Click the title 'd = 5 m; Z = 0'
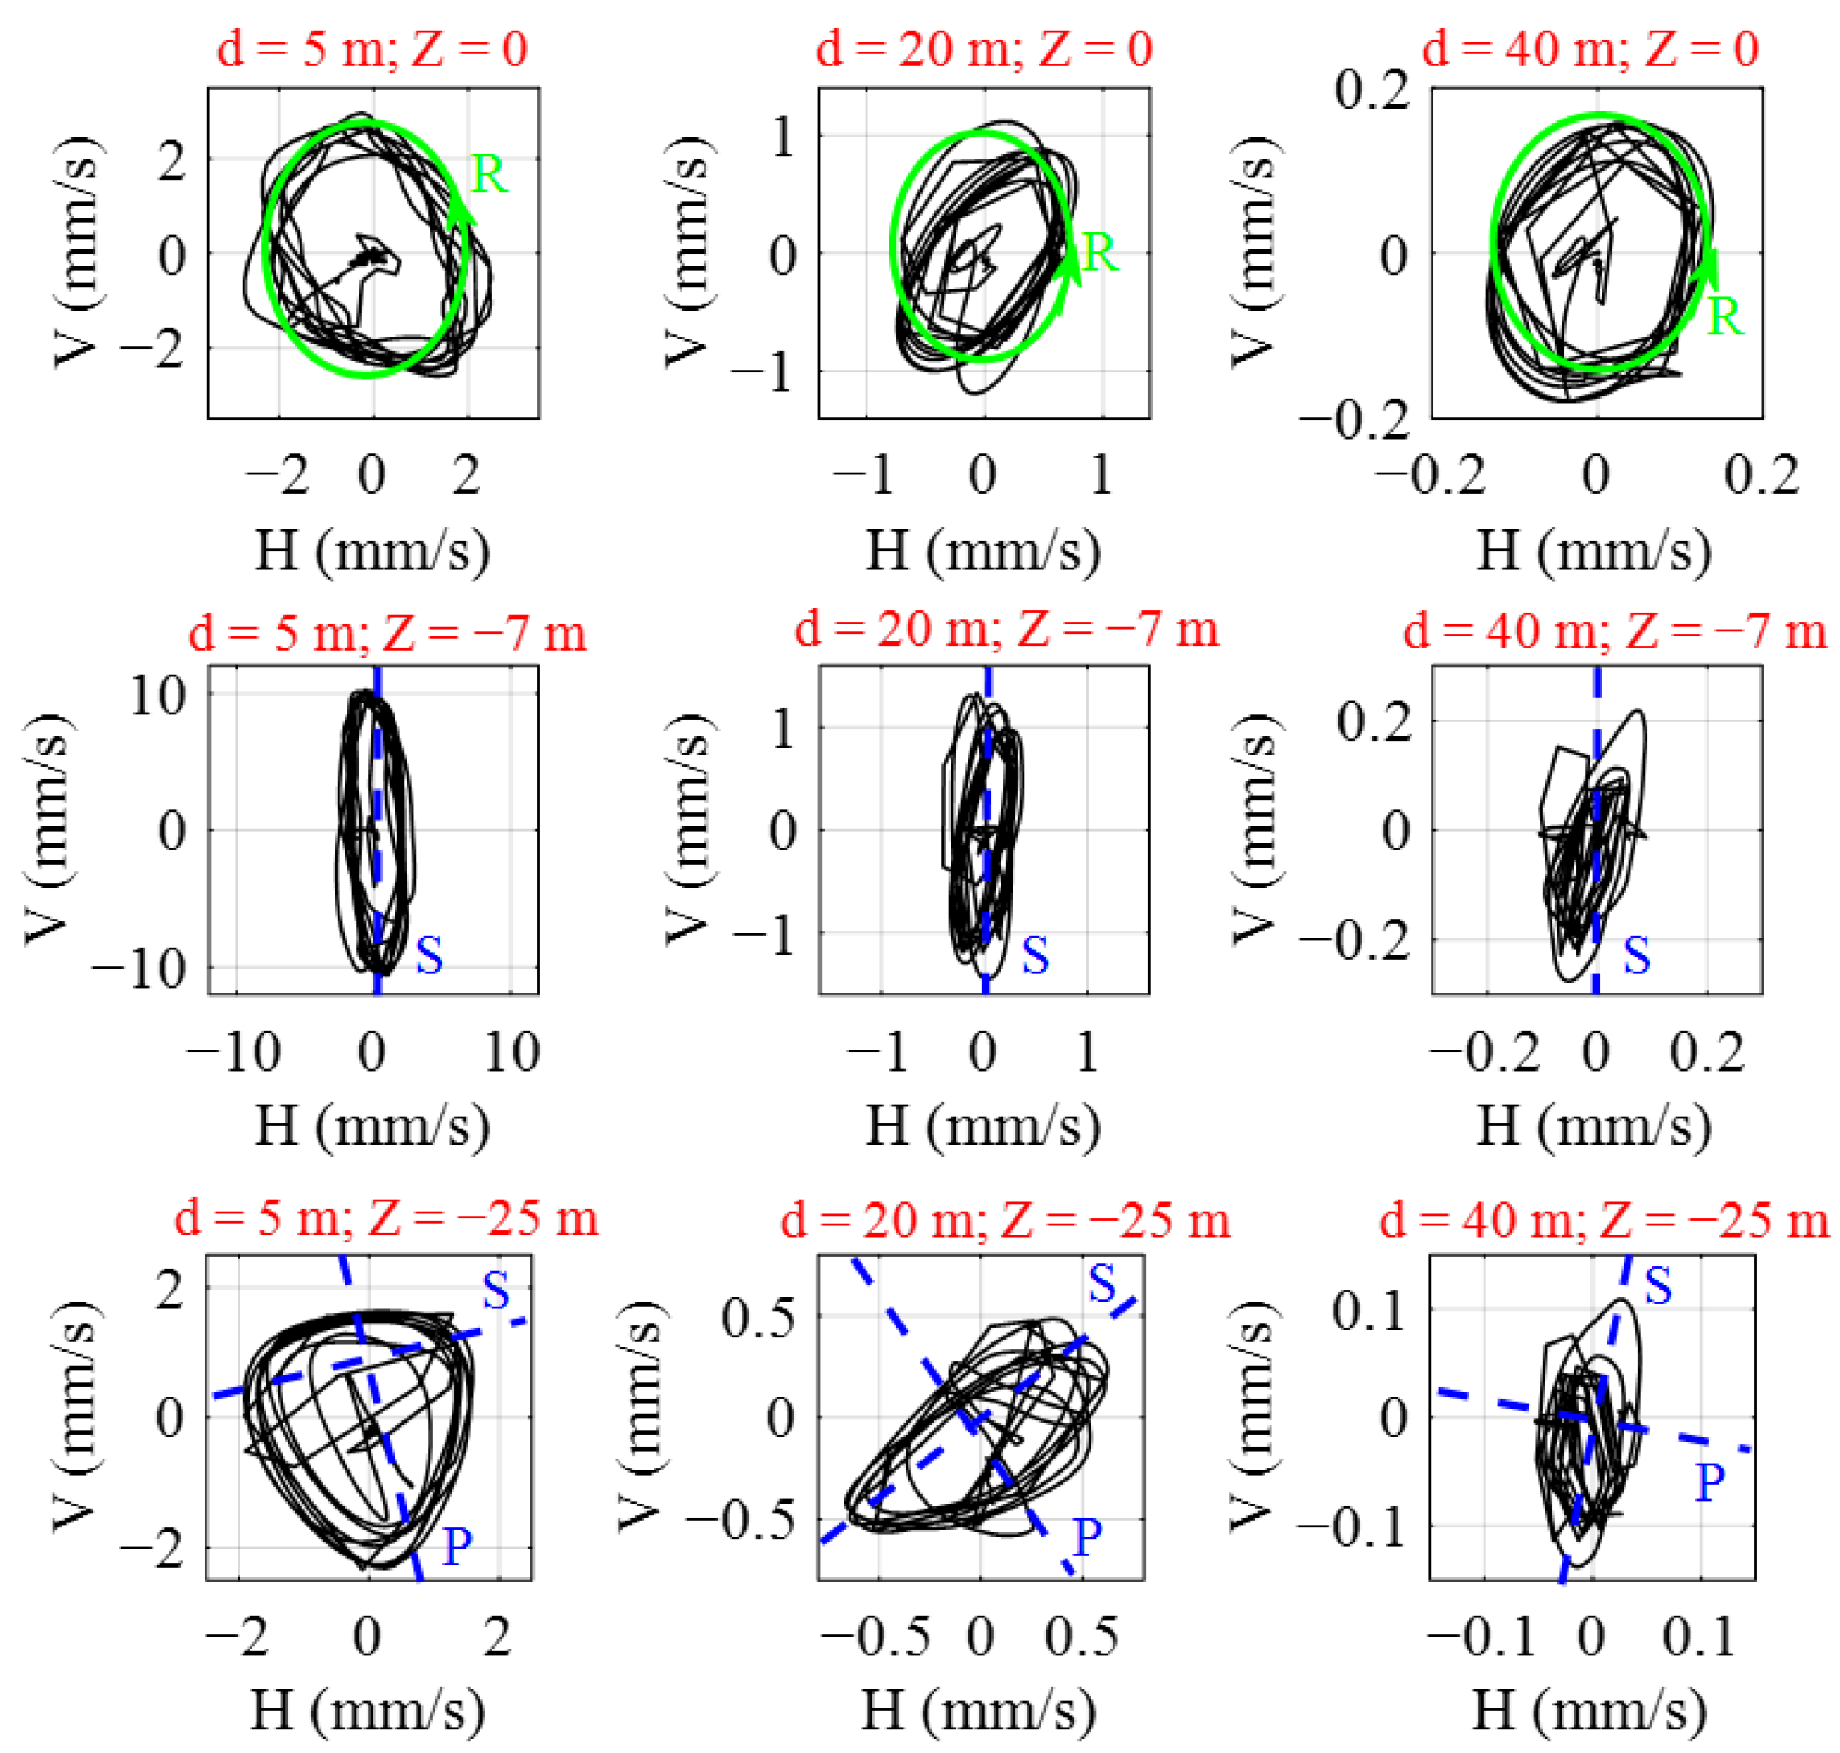point(372,48)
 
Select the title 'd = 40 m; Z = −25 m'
point(1602,1220)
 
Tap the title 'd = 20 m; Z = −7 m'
point(1006,629)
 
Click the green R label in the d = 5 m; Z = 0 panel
point(489,175)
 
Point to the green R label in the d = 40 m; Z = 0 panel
point(1724,317)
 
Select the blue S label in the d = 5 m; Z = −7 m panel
point(429,956)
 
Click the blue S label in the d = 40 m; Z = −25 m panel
point(1658,1286)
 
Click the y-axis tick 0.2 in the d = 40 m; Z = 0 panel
point(1371,91)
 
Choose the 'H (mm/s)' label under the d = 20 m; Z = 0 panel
point(982,551)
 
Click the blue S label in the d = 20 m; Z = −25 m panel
point(1102,1284)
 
